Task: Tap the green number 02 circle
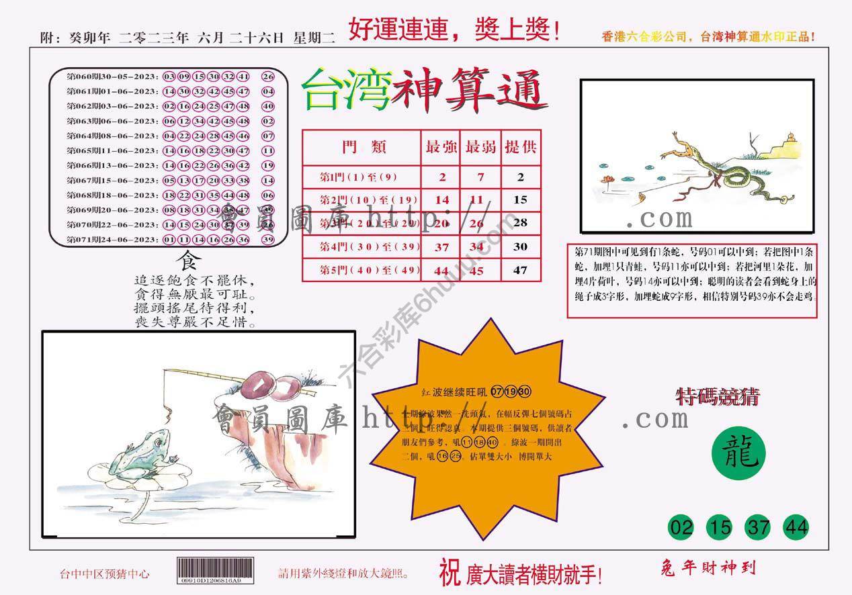pos(682,527)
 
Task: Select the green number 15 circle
pos(720,527)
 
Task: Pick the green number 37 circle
pos(759,527)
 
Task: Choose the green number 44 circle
pos(796,527)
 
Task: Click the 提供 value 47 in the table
pos(520,270)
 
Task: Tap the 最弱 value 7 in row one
pos(480,177)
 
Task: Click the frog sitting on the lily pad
pos(148,449)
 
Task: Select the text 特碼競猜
pos(717,397)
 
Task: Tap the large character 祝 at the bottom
pos(450,573)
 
